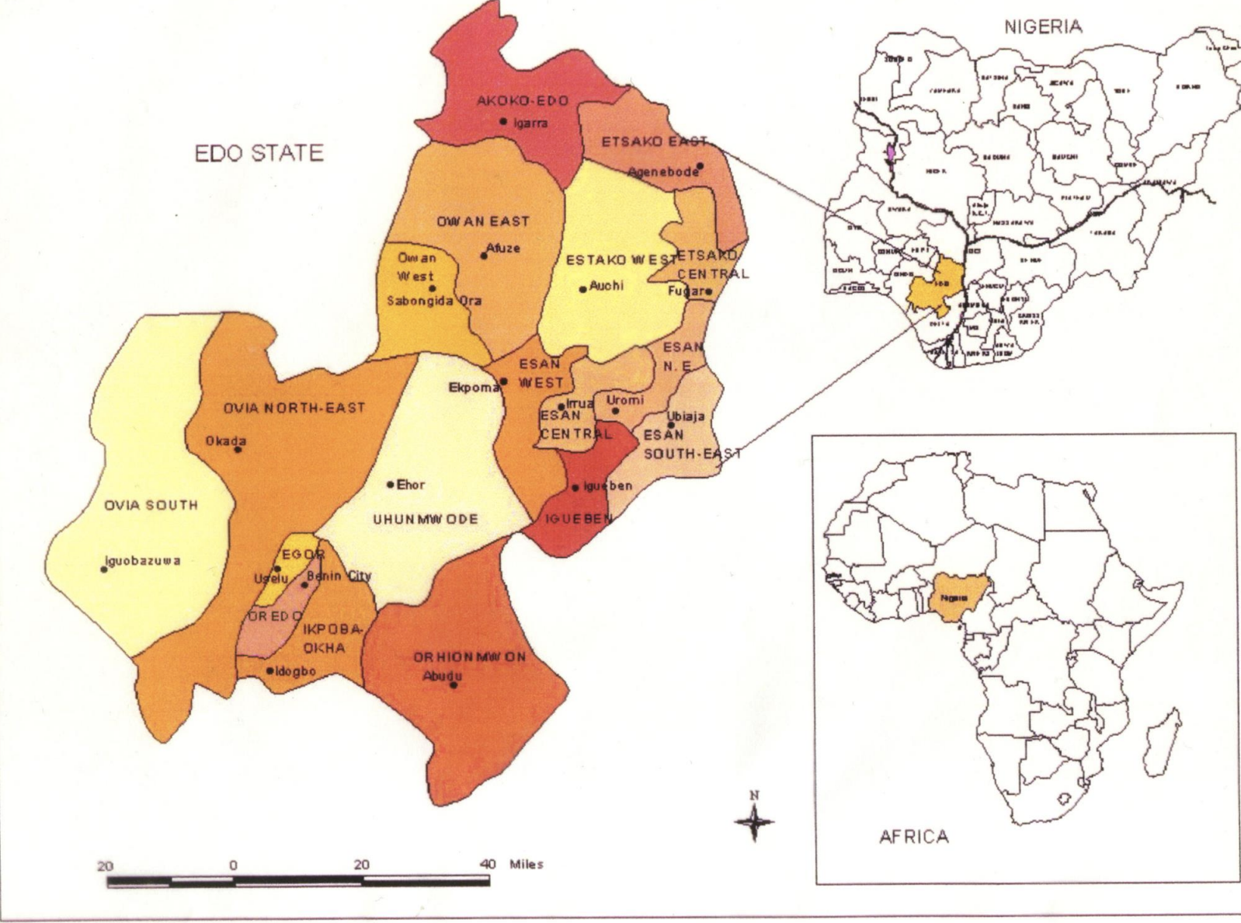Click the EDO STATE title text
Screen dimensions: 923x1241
[259, 152]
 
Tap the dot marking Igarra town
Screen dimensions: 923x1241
[503, 121]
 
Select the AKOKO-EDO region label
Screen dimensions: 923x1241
[523, 100]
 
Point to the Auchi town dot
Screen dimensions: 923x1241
[582, 290]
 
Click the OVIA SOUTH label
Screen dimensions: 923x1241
[151, 505]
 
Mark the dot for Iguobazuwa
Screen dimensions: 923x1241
[104, 569]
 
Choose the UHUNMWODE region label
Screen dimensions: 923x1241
[426, 519]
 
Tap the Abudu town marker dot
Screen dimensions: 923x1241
[454, 684]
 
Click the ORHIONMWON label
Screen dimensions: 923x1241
[469, 657]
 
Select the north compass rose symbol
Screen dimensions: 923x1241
[753, 820]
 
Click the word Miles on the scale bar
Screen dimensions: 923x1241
[526, 864]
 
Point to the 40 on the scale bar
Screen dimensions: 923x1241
[488, 864]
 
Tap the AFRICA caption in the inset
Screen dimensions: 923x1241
[913, 837]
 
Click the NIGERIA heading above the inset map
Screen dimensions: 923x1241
[1042, 26]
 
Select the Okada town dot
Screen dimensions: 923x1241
[238, 450]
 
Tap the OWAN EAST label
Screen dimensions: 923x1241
[482, 221]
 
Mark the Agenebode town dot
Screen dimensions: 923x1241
[700, 165]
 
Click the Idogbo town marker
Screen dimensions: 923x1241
[269, 670]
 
